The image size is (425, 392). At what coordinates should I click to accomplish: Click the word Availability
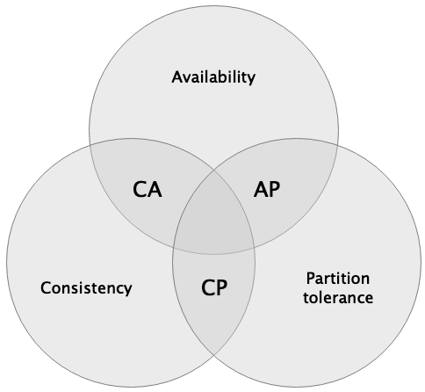click(213, 77)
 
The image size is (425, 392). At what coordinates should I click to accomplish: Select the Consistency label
click(86, 287)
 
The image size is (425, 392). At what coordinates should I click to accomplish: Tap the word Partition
click(338, 279)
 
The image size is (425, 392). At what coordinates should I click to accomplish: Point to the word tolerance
click(338, 298)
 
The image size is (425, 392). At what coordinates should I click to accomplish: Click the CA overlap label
click(148, 190)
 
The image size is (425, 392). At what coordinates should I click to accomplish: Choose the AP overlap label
click(267, 189)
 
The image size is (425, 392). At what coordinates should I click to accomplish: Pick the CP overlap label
click(214, 287)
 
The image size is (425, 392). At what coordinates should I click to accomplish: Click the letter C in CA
click(140, 190)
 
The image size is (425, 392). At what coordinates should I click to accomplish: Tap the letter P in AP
click(275, 189)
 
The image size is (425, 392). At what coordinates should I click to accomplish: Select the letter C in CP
click(208, 287)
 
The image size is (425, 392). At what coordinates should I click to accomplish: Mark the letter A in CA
click(155, 190)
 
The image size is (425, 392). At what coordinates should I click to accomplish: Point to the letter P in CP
click(222, 287)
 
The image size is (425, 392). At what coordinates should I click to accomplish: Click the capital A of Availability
click(177, 77)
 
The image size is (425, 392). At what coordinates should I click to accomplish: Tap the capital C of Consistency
click(46, 287)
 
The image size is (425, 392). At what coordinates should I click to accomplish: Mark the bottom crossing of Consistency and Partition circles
click(214, 355)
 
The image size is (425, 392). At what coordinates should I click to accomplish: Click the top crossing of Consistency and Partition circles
click(214, 170)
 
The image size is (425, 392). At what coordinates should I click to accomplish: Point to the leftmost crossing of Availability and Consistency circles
click(90, 146)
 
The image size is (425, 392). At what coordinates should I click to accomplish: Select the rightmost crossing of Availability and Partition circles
click(338, 146)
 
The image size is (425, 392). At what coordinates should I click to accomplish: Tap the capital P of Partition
click(311, 279)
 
